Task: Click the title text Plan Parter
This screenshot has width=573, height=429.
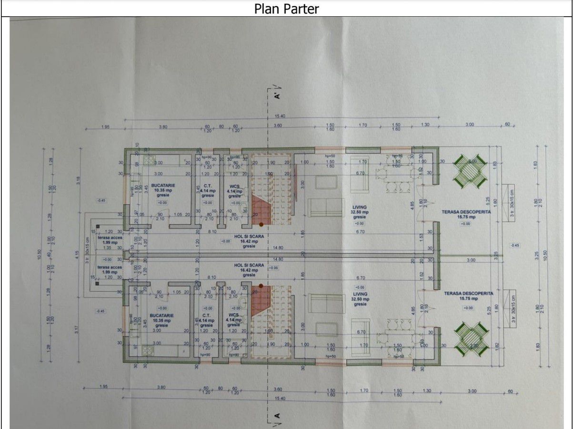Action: click(286, 9)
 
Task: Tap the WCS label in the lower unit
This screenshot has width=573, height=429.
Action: click(233, 315)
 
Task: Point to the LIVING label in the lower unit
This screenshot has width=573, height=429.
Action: click(360, 294)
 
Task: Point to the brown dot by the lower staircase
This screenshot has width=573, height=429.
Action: click(261, 285)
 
